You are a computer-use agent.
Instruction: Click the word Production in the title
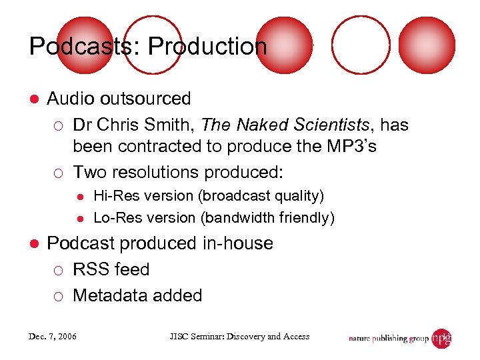point(207,47)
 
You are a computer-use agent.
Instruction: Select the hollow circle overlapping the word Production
point(153,44)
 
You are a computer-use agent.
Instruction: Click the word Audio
point(71,99)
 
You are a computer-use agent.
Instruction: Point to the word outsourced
point(145,99)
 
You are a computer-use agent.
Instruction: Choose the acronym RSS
point(90,269)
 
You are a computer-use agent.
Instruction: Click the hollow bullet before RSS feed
point(59,270)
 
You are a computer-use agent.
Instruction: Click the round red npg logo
point(441,339)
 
